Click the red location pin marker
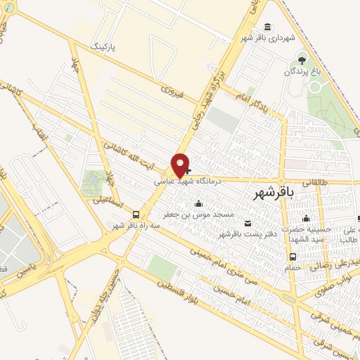coord(181,165)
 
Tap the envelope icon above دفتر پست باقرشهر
coord(246,223)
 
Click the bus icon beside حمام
coord(292,257)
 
